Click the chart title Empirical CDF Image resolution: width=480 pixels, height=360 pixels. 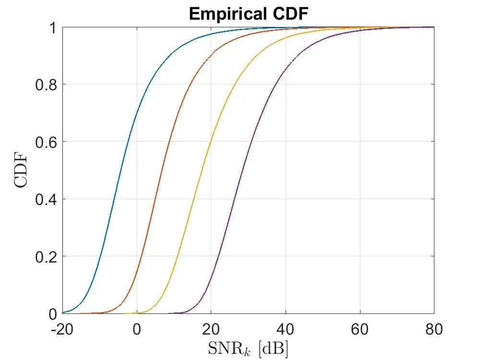click(248, 14)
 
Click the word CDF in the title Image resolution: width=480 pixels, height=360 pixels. click(288, 14)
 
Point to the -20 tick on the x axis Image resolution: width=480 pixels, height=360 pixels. click(62, 330)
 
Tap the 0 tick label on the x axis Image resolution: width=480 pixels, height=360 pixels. click(137, 330)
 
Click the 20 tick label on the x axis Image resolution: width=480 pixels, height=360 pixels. click(211, 330)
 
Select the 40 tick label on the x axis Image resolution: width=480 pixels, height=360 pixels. click(286, 330)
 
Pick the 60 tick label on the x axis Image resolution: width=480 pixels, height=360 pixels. click(360, 330)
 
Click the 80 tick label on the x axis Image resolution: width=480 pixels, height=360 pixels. click(434, 330)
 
